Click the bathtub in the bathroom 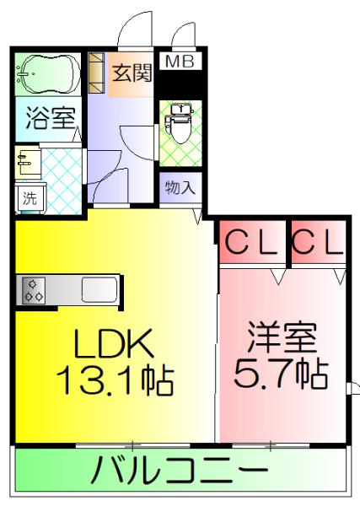click(x=48, y=73)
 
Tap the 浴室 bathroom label click(x=51, y=117)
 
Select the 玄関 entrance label click(x=132, y=73)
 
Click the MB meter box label click(x=180, y=62)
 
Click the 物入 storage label click(x=180, y=187)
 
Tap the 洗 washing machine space click(x=30, y=197)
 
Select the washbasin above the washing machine click(x=28, y=162)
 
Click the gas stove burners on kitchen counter click(x=34, y=290)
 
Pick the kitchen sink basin click(x=99, y=289)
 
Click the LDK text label click(x=114, y=343)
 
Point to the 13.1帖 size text click(x=116, y=379)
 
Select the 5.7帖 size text click(x=281, y=374)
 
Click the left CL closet click(x=253, y=242)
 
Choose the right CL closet click(x=319, y=242)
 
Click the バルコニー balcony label click(x=180, y=469)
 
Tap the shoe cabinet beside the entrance click(x=96, y=73)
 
